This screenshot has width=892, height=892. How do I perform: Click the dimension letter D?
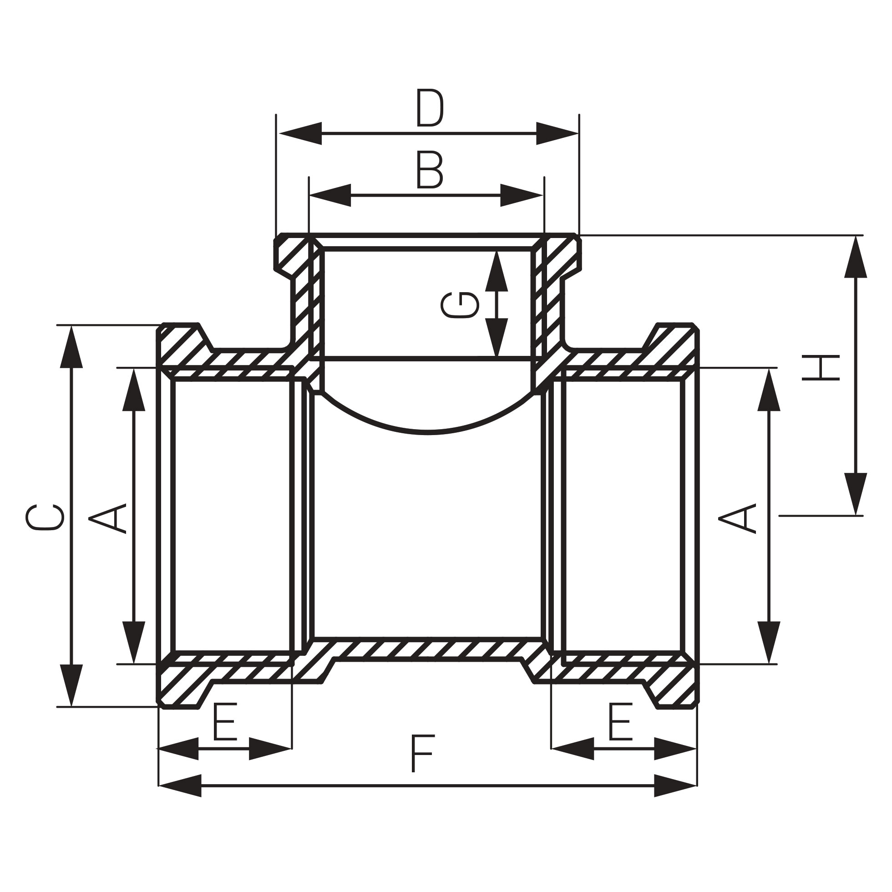(429, 108)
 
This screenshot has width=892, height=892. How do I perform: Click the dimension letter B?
(429, 170)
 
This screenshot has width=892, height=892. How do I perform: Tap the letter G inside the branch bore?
(460, 305)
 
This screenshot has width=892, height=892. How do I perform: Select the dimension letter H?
(820, 368)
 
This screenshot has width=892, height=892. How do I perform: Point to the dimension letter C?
(45, 517)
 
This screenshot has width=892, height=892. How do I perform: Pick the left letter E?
(225, 721)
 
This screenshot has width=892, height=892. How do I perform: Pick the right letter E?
(620, 721)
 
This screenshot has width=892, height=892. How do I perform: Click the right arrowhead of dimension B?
(522, 195)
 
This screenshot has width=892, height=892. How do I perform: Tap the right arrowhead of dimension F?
(675, 786)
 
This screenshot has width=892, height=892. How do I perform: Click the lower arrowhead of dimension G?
(497, 338)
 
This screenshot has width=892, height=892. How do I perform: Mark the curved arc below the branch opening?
(427, 432)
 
